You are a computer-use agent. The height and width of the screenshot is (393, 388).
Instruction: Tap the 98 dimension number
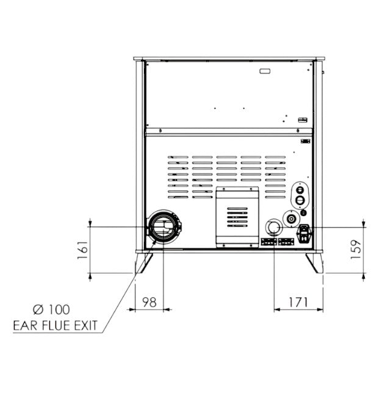point(149,301)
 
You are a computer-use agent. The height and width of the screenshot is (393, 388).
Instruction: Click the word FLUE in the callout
point(56,325)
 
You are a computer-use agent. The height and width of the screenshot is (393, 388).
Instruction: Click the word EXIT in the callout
point(84,325)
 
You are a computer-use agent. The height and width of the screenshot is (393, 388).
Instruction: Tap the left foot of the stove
point(143,263)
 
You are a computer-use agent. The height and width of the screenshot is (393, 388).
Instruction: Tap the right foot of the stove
point(315,263)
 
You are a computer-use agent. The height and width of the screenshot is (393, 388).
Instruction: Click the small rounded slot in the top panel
point(266,71)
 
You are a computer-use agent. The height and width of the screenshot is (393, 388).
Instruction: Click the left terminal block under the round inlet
point(268,242)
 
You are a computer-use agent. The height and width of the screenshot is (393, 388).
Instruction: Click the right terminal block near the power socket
point(286,242)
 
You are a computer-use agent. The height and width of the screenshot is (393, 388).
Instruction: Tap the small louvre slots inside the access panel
point(237,218)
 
